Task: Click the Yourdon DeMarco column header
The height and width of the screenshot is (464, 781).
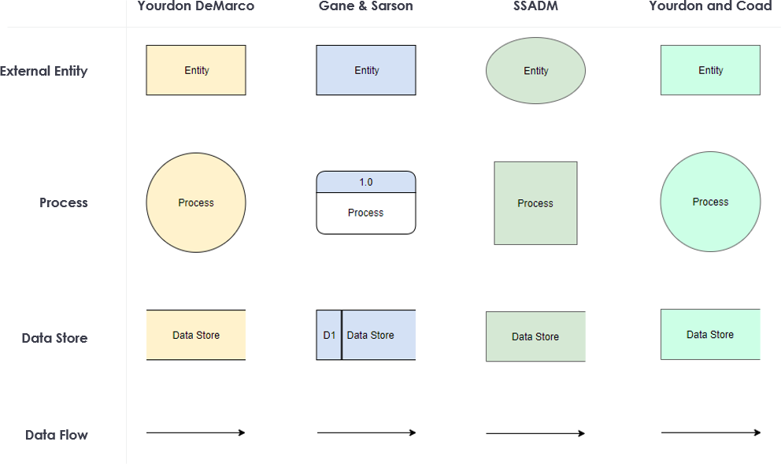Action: click(196, 6)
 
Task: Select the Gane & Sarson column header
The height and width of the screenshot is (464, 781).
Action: click(365, 6)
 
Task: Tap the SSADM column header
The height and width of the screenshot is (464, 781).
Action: click(535, 6)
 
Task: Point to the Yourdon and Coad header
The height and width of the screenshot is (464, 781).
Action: click(710, 6)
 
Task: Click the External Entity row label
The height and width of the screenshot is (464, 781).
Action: click(44, 71)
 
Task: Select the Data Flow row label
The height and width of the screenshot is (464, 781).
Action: click(57, 435)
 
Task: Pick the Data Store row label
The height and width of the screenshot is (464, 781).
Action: click(54, 338)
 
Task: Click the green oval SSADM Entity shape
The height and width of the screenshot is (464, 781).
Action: click(535, 71)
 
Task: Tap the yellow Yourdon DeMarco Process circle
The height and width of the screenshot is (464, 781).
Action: click(196, 202)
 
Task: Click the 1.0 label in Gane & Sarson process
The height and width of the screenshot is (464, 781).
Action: click(366, 182)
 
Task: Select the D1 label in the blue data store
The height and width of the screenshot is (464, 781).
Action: click(329, 335)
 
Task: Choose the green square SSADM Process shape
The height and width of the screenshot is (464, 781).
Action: click(535, 203)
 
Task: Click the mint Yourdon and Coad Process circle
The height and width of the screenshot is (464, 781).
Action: click(710, 202)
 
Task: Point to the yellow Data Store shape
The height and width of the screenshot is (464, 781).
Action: click(196, 335)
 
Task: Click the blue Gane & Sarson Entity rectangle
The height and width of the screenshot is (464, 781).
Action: click(366, 70)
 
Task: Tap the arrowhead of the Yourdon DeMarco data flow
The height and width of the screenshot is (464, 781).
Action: click(242, 432)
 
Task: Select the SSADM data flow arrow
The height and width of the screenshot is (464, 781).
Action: click(535, 433)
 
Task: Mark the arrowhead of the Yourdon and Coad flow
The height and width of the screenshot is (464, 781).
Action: click(757, 432)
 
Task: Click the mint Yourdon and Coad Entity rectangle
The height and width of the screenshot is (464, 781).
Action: click(710, 70)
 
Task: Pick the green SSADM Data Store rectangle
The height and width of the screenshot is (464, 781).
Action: click(535, 336)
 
